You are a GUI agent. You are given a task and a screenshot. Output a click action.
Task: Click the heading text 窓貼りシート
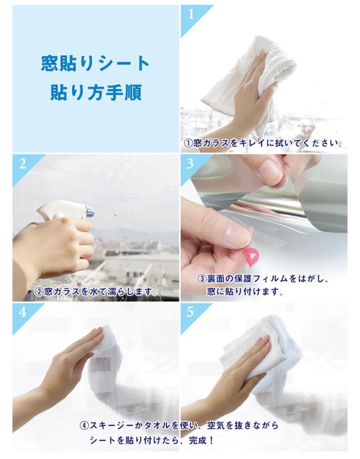tap(96, 64)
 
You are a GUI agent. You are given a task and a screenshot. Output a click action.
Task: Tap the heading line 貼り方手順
tap(96, 92)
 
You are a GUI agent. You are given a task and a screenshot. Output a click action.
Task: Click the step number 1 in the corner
tap(191, 13)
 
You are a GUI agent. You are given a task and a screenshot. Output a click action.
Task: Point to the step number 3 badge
tap(190, 164)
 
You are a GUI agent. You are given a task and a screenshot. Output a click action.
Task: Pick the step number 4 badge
tap(22, 312)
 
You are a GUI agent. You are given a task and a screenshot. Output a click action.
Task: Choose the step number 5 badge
tap(190, 312)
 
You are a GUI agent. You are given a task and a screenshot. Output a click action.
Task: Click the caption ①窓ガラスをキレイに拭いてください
tap(263, 143)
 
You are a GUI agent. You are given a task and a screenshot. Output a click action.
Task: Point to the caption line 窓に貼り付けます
tap(245, 291)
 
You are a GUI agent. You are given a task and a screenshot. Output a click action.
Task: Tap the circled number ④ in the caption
tap(84, 425)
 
